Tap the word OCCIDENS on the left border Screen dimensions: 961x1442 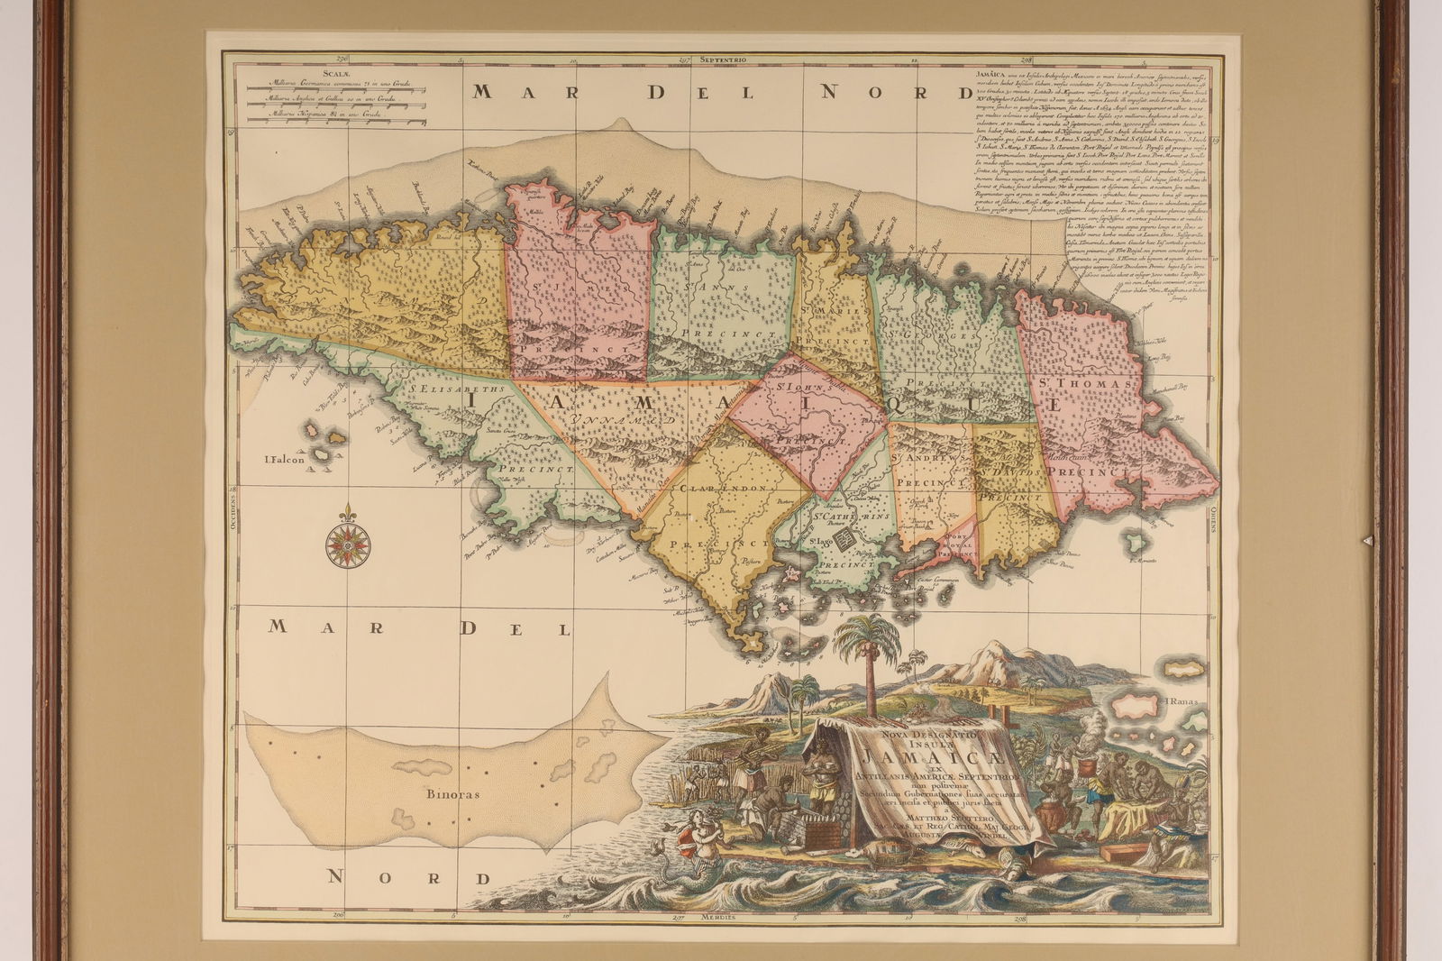click(x=233, y=517)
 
